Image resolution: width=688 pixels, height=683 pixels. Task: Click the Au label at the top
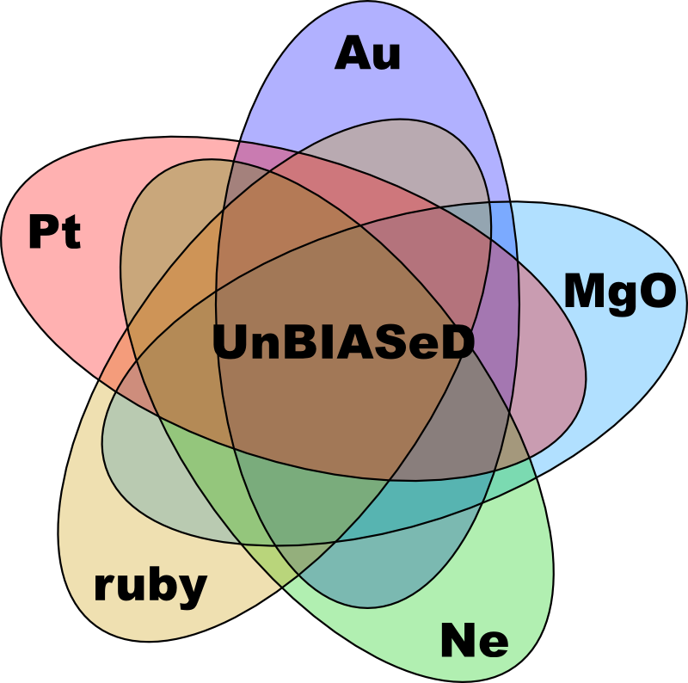coord(368,53)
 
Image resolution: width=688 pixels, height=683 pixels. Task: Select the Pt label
coord(55,231)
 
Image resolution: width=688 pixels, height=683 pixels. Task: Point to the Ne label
coord(475,639)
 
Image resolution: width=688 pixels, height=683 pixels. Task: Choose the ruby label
coord(150,588)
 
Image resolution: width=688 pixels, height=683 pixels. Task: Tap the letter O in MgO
coord(658,291)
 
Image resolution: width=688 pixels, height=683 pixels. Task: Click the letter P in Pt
coord(43,231)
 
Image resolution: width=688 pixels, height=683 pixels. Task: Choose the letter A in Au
coord(351,52)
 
